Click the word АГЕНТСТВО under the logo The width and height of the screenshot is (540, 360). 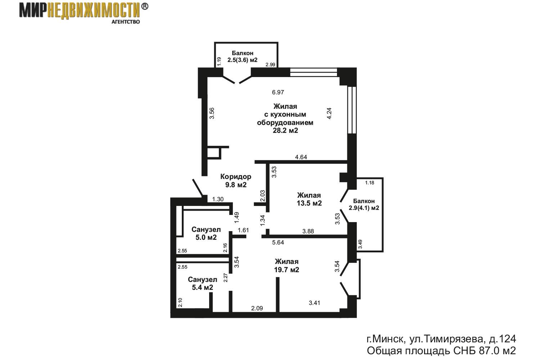(x=126, y=22)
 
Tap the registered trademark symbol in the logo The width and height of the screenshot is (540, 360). (x=144, y=6)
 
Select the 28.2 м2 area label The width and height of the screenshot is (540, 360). (x=285, y=130)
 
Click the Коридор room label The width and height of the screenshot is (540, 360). (x=236, y=177)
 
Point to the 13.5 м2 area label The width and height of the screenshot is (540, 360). (x=309, y=203)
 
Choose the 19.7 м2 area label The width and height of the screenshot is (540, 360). (x=287, y=270)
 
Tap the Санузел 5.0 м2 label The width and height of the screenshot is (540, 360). (x=206, y=233)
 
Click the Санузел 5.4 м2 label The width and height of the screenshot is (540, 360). (x=202, y=283)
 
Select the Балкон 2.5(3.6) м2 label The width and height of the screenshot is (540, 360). (x=243, y=57)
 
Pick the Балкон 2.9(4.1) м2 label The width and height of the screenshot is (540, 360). (x=364, y=204)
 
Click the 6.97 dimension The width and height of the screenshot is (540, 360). (x=278, y=93)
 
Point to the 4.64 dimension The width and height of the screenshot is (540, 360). (x=301, y=157)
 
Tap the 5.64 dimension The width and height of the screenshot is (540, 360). (x=278, y=242)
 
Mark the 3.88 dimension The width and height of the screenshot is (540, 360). (x=308, y=231)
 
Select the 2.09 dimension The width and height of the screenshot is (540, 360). (x=257, y=308)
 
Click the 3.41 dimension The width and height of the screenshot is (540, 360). (x=315, y=303)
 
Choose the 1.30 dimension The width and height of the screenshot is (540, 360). (x=218, y=199)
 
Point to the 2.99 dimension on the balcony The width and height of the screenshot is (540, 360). (x=270, y=65)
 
